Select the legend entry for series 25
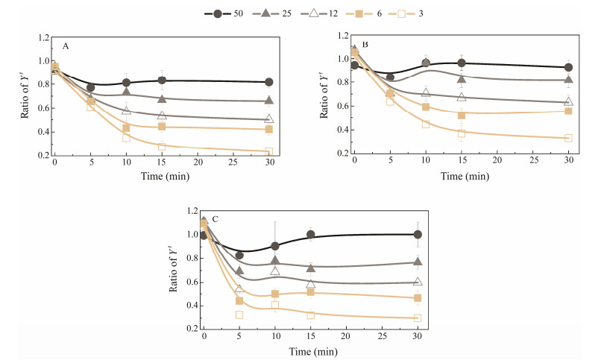point(263,13)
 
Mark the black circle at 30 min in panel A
point(269,82)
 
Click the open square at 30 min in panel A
point(269,151)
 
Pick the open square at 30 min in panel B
point(568,138)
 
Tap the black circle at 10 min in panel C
point(275,245)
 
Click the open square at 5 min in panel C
point(239,315)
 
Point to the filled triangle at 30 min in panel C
point(418,262)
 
